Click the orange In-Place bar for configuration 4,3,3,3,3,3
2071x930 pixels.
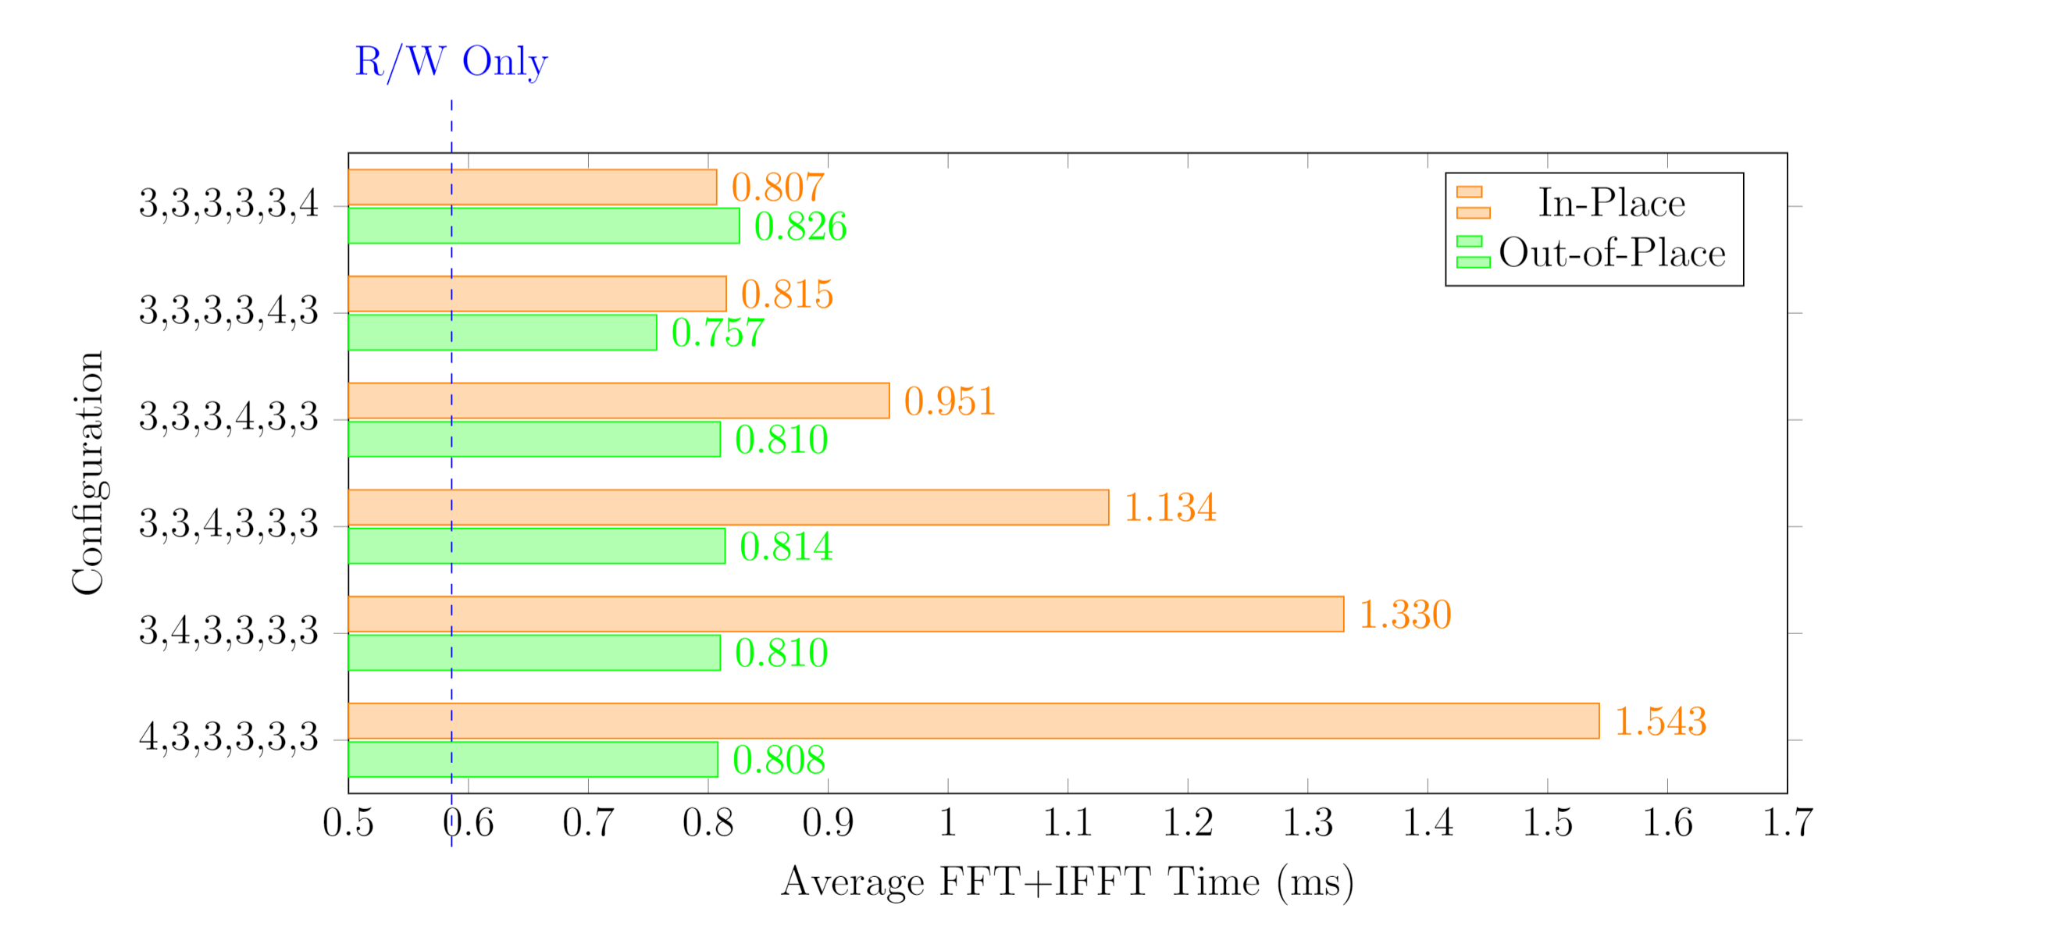[x=973, y=720]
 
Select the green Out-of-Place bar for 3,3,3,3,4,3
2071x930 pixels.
[x=501, y=332]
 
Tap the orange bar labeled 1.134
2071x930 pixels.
[x=728, y=508]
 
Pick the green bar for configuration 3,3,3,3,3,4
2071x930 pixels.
[x=544, y=225]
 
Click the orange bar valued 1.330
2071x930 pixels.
[x=845, y=613]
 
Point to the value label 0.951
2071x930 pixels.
[x=950, y=401]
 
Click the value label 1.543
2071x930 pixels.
[x=1660, y=720]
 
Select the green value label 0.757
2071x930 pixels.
[x=717, y=332]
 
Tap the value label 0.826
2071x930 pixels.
[x=800, y=225]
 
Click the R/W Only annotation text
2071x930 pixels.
[x=451, y=61]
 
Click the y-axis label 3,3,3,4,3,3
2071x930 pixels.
[x=229, y=416]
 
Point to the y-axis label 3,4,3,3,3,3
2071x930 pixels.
[x=229, y=630]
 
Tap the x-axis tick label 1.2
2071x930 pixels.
[x=1188, y=822]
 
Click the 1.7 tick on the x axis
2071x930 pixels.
[x=1787, y=822]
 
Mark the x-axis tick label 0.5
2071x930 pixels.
[x=348, y=822]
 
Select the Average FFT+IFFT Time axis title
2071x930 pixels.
[x=1067, y=882]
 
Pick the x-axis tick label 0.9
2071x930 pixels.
[x=827, y=822]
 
